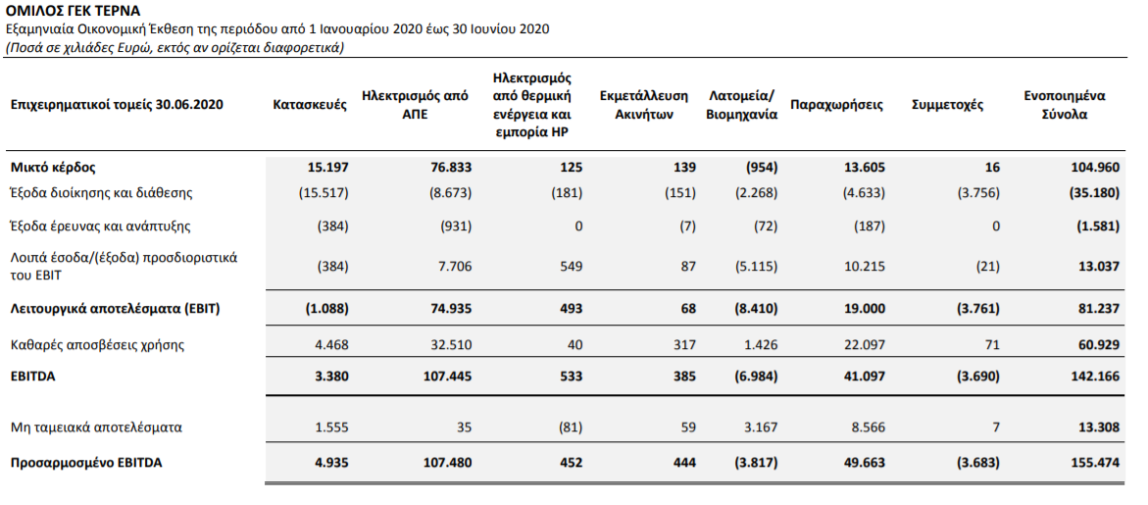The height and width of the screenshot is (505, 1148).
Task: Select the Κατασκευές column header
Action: [310, 105]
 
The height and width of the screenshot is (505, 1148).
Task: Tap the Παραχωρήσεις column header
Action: [837, 105]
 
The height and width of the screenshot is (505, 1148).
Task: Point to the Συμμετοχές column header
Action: [947, 105]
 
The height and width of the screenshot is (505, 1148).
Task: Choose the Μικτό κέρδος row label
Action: [54, 168]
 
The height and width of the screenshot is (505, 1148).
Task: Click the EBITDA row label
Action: [33, 377]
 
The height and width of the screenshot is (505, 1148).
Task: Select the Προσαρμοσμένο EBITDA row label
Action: [86, 463]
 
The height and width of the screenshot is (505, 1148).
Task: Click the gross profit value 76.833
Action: [451, 168]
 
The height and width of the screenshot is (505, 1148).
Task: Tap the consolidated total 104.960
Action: [1094, 168]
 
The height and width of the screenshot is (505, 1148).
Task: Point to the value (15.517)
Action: [324, 194]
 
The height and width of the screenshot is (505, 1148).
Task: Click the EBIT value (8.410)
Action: [756, 309]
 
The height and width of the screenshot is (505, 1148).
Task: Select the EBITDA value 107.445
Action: [447, 377]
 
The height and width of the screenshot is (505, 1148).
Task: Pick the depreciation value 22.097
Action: [865, 345]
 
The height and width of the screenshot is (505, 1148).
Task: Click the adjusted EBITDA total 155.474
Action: [1094, 463]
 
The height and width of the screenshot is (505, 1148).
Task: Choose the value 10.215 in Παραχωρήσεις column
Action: [865, 267]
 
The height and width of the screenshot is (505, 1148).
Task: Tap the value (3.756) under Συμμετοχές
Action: [978, 194]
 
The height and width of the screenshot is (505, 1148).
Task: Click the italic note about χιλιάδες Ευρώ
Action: [175, 48]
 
